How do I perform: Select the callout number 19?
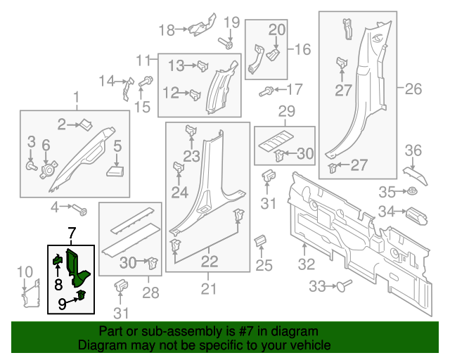[231, 23]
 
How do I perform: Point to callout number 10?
[24, 271]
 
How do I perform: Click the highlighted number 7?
[70, 232]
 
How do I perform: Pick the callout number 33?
[319, 286]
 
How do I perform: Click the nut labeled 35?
[413, 191]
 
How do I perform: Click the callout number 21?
[209, 288]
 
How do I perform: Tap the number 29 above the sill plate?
[286, 112]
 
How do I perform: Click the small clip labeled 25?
[259, 240]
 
